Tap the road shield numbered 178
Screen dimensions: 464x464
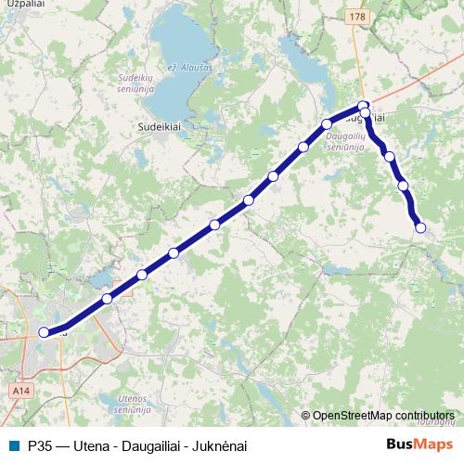[359, 17]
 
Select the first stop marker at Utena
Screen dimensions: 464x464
[44, 331]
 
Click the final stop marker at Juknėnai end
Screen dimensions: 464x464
[420, 227]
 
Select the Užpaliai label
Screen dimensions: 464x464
[20, 3]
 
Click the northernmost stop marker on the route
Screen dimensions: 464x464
[365, 105]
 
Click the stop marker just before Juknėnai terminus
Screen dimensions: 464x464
[404, 186]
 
